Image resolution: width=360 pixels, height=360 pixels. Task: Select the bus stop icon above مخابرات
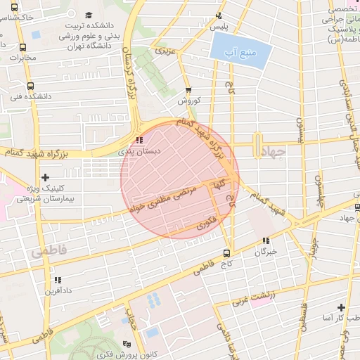24,49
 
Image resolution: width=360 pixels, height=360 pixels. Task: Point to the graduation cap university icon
88,15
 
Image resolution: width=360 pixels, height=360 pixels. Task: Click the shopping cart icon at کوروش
188,90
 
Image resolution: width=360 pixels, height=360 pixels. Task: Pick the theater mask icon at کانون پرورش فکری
126,343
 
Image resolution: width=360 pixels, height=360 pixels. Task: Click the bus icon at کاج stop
226,253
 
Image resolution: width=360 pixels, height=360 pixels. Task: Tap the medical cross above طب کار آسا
341,308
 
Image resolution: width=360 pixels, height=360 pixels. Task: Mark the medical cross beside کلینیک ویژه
46,178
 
